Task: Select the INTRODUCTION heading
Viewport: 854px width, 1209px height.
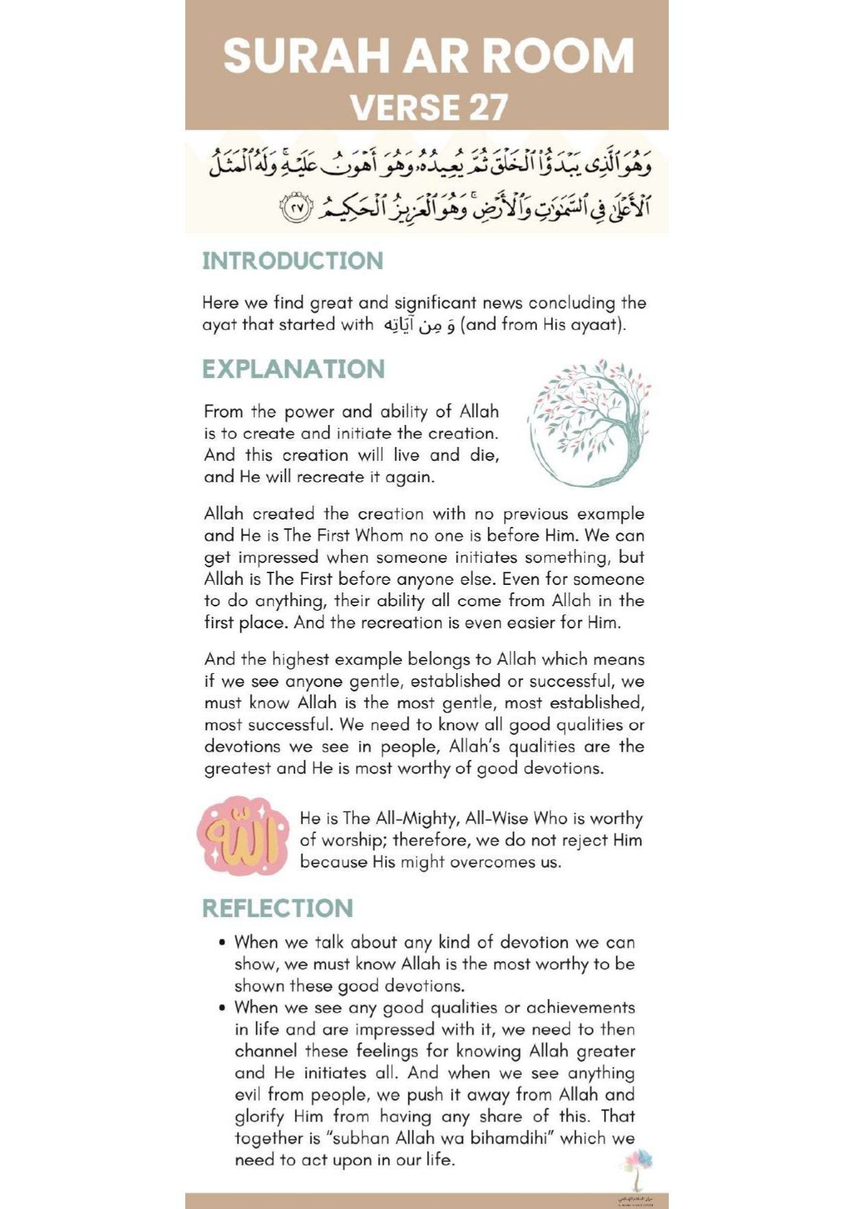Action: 293,260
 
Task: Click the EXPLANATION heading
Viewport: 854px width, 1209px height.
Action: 293,369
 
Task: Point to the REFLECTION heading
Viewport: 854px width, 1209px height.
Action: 278,908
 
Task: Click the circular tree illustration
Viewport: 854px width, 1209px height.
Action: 589,422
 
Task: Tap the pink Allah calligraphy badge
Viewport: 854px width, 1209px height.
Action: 243,836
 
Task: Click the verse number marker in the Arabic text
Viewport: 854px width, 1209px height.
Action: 295,208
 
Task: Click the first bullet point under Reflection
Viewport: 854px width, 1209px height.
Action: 222,942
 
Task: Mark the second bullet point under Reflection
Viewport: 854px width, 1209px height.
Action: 222,1008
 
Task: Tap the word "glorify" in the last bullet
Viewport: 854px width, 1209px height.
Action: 259,1116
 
